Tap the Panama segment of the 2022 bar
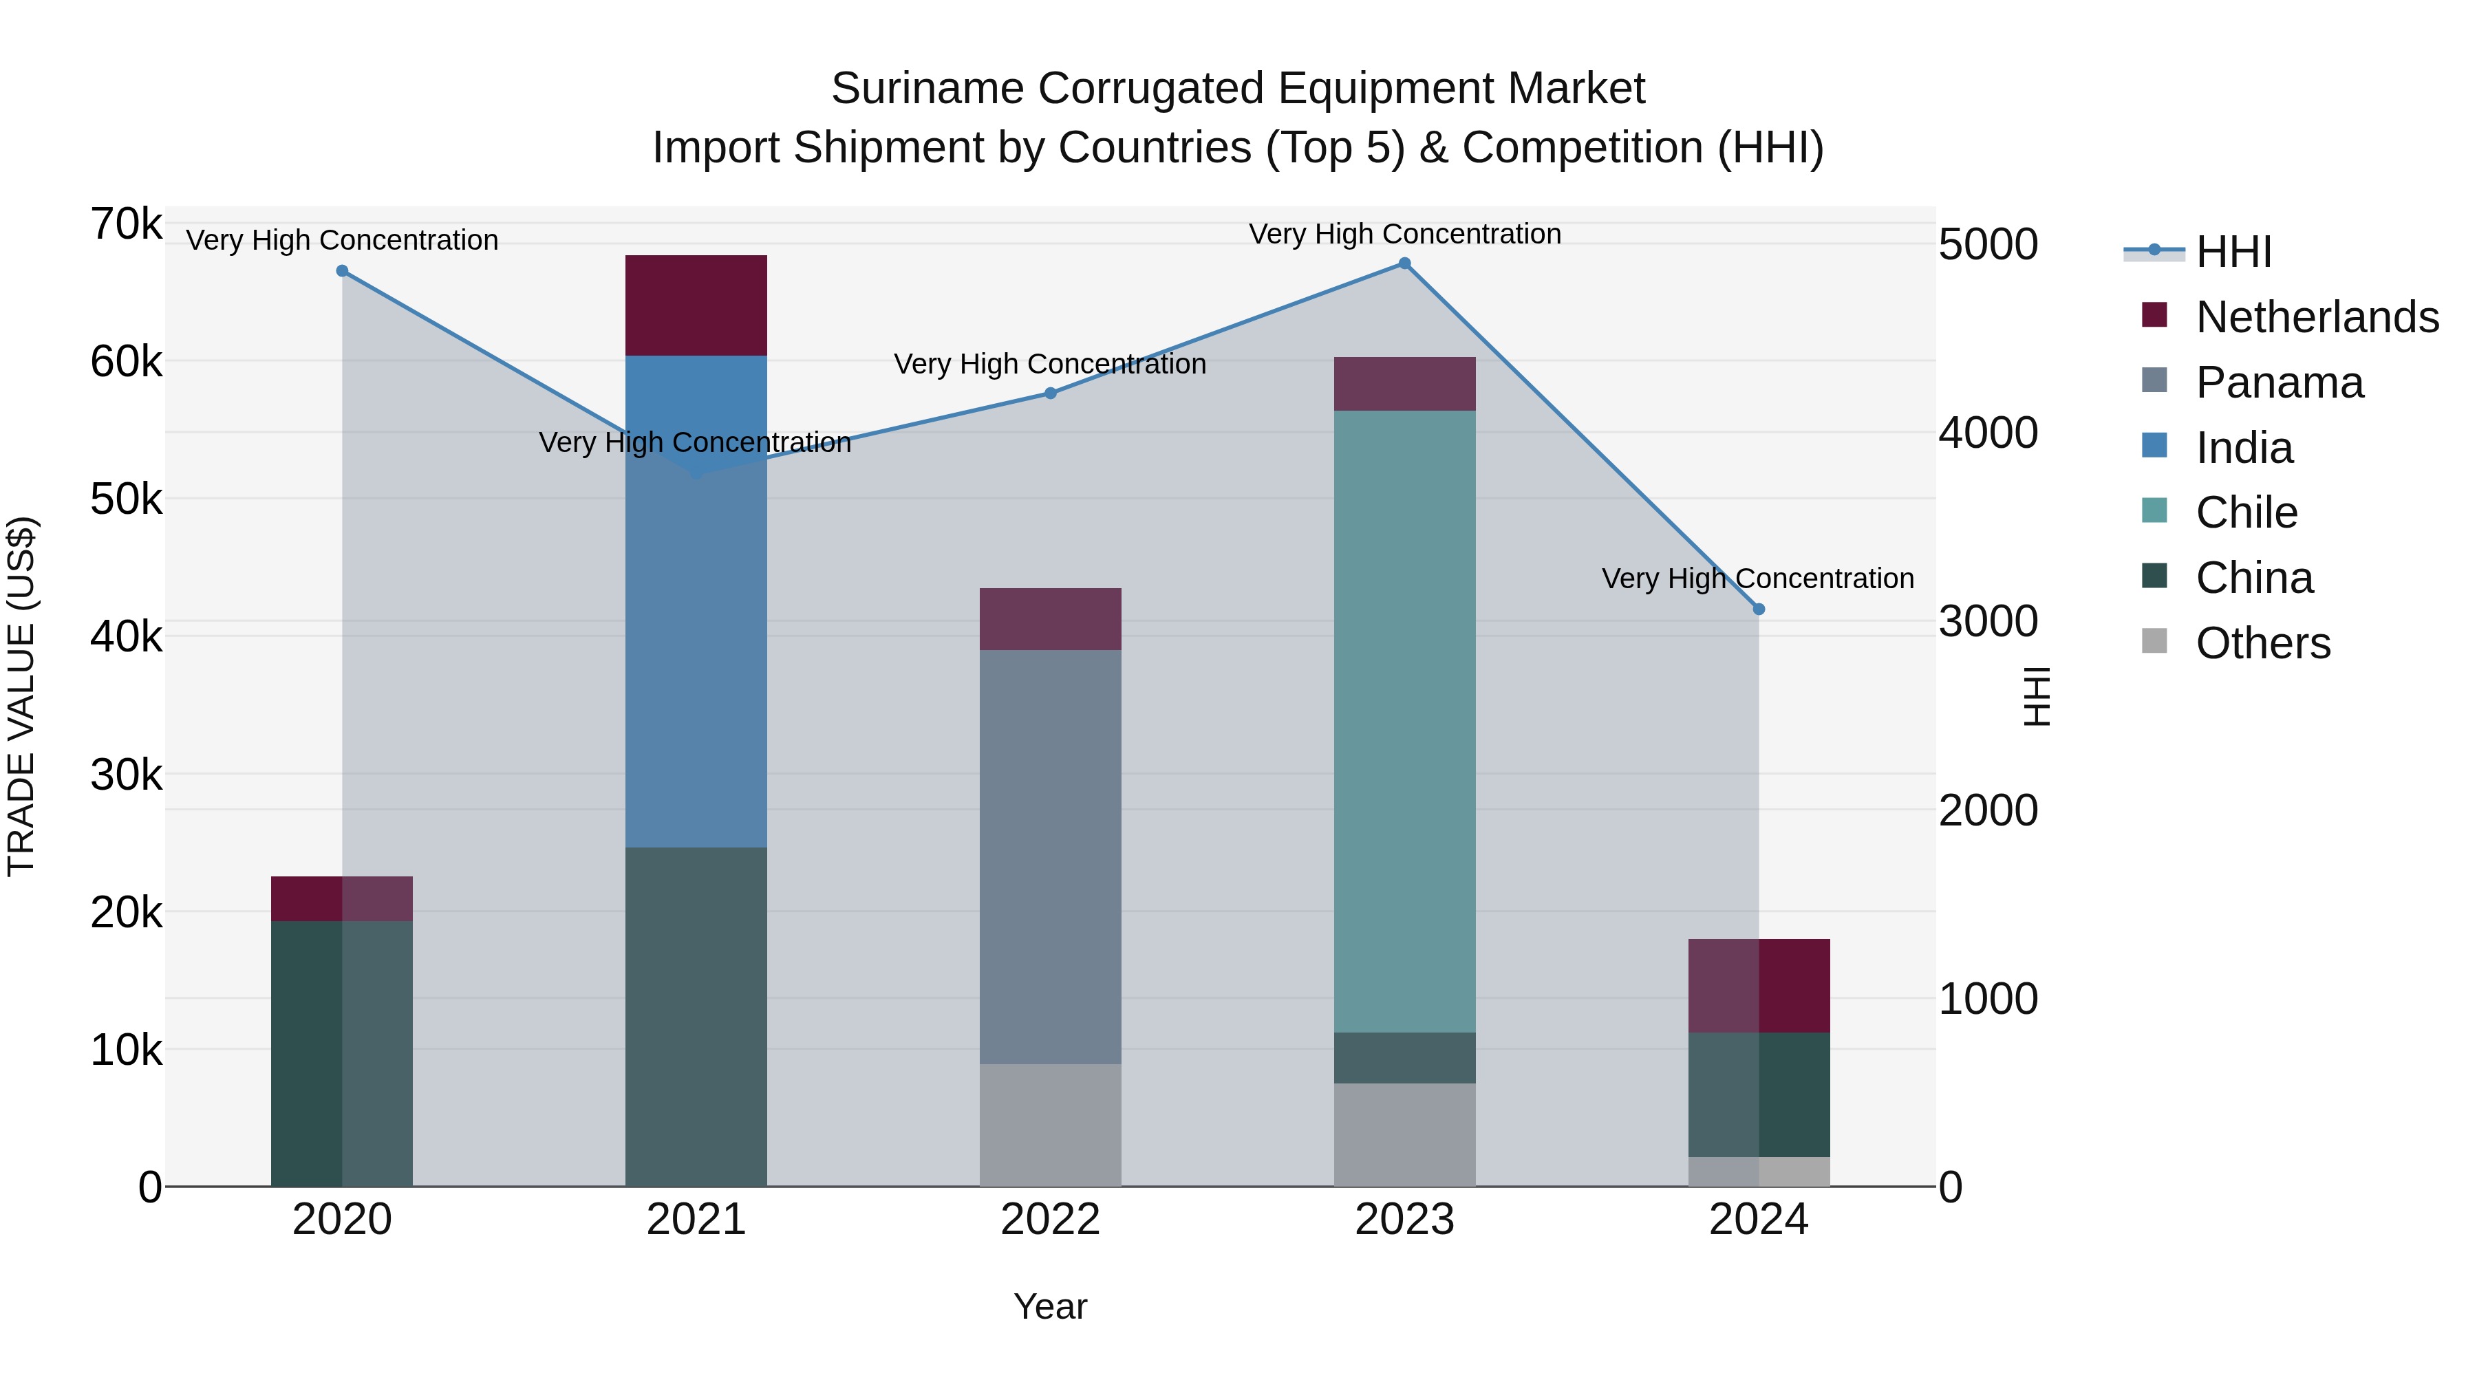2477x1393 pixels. (1050, 856)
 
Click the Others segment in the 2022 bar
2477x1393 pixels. (1050, 1125)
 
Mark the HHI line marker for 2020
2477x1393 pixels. (343, 271)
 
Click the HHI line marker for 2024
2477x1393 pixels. (1759, 609)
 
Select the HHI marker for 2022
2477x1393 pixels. (1050, 393)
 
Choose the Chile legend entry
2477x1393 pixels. (2247, 512)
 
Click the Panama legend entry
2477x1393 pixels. (2279, 382)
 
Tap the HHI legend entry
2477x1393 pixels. (2233, 252)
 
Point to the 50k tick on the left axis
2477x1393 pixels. (127, 499)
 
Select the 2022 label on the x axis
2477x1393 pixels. (1050, 1220)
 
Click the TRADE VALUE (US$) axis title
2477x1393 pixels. (21, 696)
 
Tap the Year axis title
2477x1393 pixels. (1050, 1306)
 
